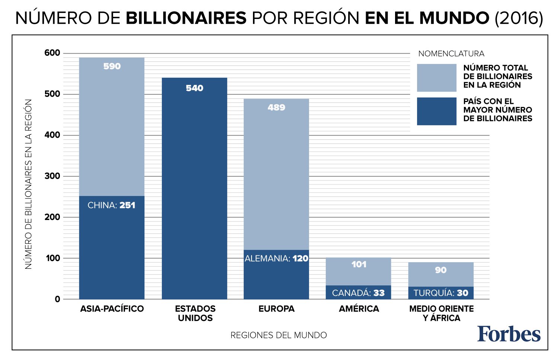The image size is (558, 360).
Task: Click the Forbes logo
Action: coord(509,334)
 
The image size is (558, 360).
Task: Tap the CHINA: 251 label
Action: coord(111,205)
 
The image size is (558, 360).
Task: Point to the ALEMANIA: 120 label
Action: coord(276,258)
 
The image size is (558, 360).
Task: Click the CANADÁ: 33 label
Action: coord(358,293)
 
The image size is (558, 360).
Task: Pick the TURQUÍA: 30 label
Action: coord(441,293)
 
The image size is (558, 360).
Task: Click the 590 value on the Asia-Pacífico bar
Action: coord(112,66)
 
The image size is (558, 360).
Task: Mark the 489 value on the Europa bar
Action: coord(276,108)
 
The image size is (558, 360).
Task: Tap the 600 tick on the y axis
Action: coord(52,53)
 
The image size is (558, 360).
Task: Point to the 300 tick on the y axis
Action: coord(52,176)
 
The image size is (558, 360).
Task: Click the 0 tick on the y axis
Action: coord(57,299)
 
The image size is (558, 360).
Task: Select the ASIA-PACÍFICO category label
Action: coord(112,309)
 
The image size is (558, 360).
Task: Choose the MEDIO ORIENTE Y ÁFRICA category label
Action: coord(441,313)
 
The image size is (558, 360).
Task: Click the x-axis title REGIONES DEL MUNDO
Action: coord(279,335)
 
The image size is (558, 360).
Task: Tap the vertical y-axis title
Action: coord(29,184)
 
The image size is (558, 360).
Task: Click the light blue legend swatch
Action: coord(436,78)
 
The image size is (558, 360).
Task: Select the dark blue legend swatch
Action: coord(436,111)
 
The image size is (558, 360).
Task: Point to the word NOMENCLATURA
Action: coord(451,54)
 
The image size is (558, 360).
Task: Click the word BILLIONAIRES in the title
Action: coord(186,18)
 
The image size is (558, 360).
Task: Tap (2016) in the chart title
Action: coord(519,18)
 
